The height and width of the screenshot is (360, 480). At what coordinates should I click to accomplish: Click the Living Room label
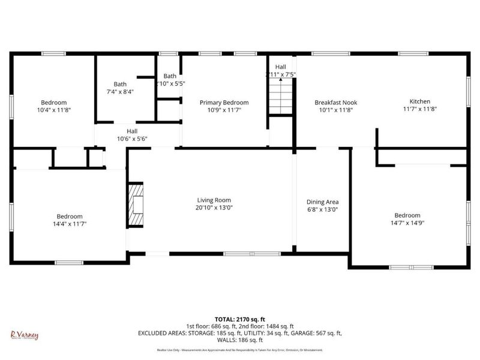tap(214, 200)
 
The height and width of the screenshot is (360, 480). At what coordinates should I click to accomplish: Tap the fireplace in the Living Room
tap(136, 205)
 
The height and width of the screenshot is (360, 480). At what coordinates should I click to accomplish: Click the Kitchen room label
tap(419, 102)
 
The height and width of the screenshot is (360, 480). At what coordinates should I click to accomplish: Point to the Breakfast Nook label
tap(335, 103)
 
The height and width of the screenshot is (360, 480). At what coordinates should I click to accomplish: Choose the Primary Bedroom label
tap(224, 103)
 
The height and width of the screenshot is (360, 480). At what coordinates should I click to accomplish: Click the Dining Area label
tap(323, 202)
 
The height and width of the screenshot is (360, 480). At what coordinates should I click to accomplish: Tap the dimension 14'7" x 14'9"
tap(407, 223)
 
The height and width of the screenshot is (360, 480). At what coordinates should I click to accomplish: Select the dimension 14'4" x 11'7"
tap(70, 224)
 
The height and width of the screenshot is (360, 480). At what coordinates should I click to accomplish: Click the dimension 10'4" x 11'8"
tap(53, 110)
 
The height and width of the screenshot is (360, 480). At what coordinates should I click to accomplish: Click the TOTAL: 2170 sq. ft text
tap(240, 319)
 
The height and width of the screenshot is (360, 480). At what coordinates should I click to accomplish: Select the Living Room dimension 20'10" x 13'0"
tap(214, 208)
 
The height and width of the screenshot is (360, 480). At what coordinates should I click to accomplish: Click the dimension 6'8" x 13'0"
tap(323, 209)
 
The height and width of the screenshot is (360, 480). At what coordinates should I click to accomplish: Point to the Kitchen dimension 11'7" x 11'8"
tap(419, 109)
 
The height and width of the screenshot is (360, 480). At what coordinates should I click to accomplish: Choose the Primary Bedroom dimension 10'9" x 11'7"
tap(224, 110)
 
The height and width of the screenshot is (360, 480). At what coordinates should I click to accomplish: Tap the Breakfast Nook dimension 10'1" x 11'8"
tap(335, 110)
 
